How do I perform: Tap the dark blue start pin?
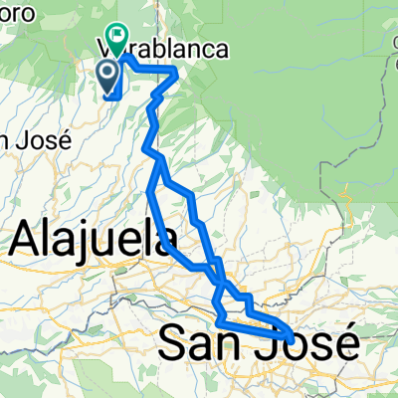click(107, 73)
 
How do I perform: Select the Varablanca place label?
click(164, 48)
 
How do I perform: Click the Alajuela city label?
click(94, 240)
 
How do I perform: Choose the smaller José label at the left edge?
click(36, 139)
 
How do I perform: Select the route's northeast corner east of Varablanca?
click(176, 71)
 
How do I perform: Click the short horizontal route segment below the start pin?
click(112, 97)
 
